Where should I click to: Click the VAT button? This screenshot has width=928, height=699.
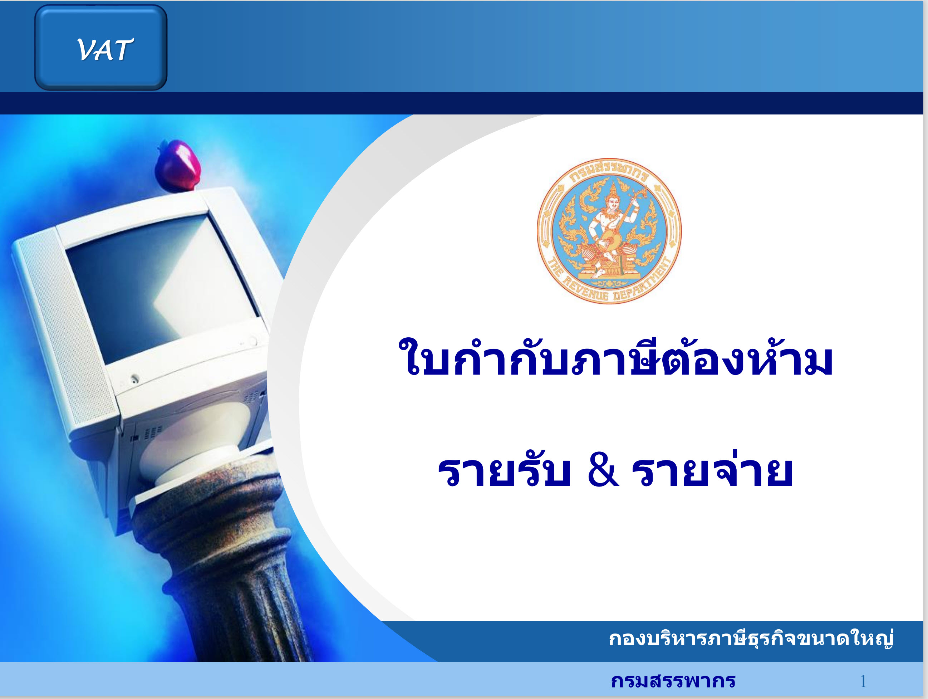pos(101,48)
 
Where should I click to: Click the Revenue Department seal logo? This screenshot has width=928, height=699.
pos(609,231)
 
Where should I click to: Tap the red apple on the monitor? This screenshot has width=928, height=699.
pos(177,166)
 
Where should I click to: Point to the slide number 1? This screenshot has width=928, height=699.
pos(863,681)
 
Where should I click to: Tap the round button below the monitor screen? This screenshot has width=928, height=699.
pos(134,378)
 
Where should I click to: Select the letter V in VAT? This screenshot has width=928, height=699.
pos(87,49)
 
